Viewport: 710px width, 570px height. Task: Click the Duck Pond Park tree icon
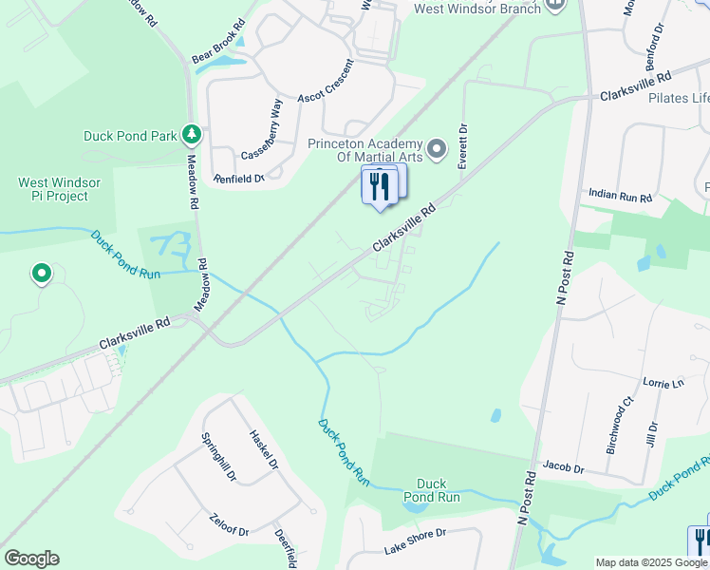[193, 135]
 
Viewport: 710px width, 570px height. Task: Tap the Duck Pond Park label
[130, 136]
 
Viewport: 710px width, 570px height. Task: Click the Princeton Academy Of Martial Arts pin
[437, 148]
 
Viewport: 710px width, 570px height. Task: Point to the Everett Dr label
[463, 147]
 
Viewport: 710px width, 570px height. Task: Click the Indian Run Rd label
[620, 197]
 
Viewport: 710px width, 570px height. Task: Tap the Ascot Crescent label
[326, 84]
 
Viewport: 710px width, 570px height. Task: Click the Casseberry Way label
[262, 133]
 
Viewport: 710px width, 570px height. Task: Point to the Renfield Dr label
[238, 177]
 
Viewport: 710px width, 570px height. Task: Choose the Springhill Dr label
[216, 456]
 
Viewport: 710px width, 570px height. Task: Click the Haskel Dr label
[263, 450]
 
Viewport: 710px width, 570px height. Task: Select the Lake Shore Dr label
[415, 541]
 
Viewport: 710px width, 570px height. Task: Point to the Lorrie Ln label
[663, 383]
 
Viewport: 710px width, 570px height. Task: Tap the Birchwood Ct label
[618, 424]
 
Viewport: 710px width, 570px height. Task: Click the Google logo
[31, 559]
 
